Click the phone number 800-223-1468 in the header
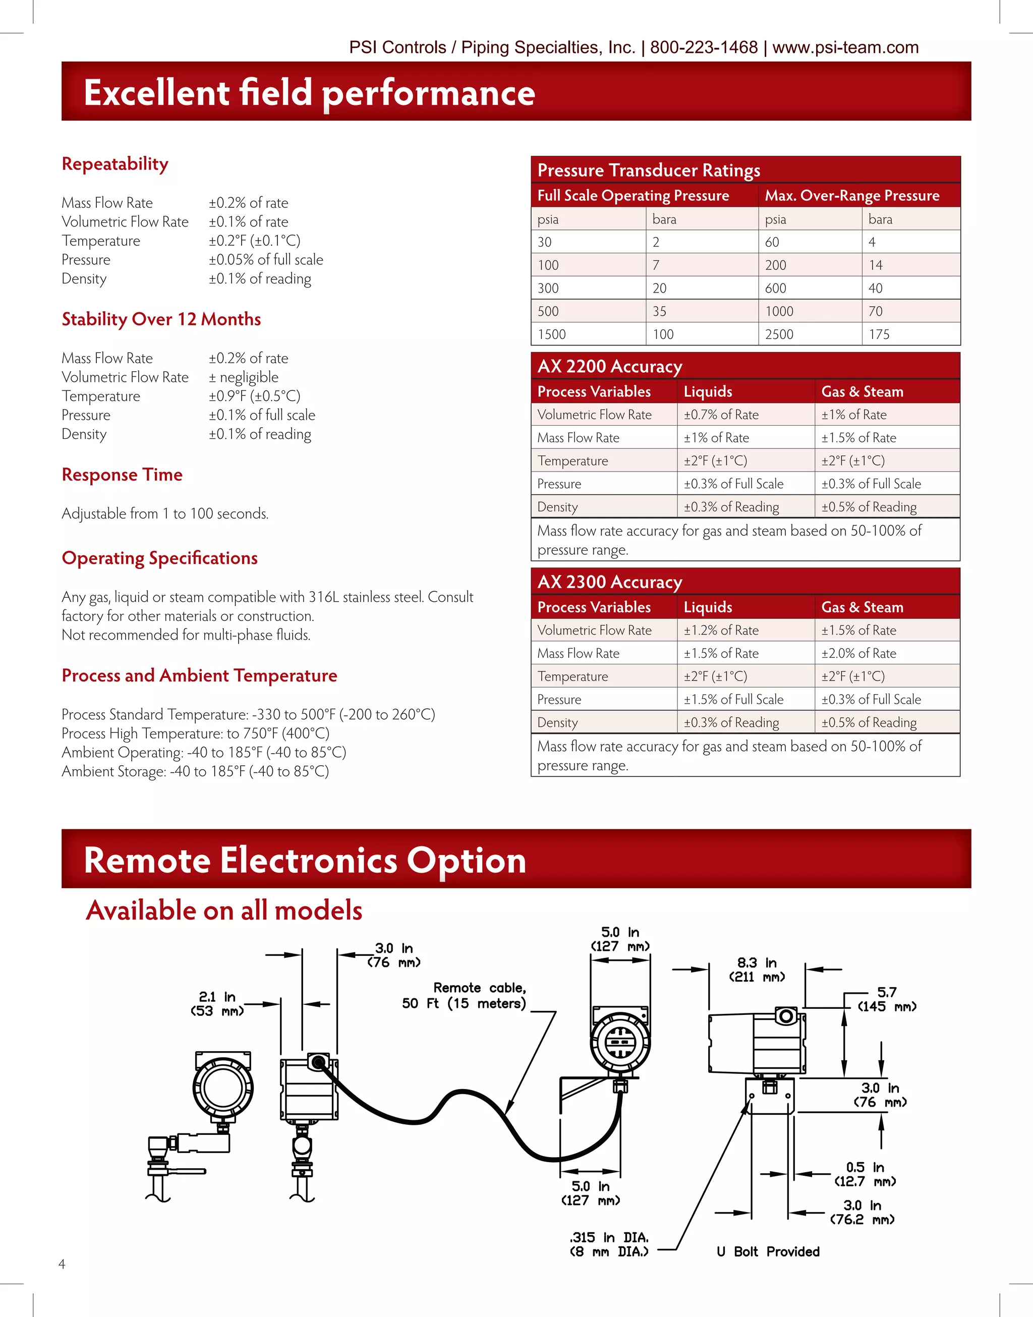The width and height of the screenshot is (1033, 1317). pyautogui.click(x=704, y=47)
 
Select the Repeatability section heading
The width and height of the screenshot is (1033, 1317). pyautogui.click(x=115, y=164)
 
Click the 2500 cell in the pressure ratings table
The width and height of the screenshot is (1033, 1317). pyautogui.click(x=779, y=334)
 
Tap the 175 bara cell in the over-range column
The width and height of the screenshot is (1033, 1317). pyautogui.click(x=879, y=334)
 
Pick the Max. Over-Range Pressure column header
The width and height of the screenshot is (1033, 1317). pyautogui.click(x=851, y=195)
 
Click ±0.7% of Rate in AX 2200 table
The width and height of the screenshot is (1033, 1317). pyautogui.click(x=721, y=415)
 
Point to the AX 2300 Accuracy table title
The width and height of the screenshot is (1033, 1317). pyautogui.click(x=610, y=582)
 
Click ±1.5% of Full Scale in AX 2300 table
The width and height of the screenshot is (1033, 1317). pyautogui.click(x=733, y=700)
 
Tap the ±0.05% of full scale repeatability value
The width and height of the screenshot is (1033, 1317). pyautogui.click(x=266, y=259)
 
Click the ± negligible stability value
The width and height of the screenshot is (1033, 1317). pyautogui.click(x=244, y=377)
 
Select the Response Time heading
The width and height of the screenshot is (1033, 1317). pyautogui.click(x=122, y=475)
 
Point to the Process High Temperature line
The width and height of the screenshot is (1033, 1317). pyautogui.click(x=195, y=733)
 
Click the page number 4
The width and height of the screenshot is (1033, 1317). pyautogui.click(x=62, y=1264)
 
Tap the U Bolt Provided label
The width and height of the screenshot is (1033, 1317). pyautogui.click(x=768, y=1252)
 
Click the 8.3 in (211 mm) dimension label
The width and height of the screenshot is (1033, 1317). pyautogui.click(x=757, y=970)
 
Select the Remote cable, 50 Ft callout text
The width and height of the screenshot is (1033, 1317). pyautogui.click(x=465, y=995)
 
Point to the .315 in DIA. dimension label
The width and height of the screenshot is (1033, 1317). pyautogui.click(x=609, y=1244)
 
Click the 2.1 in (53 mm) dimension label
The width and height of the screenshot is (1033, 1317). pyautogui.click(x=217, y=1004)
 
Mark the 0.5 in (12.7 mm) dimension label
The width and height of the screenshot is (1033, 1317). pyautogui.click(x=865, y=1174)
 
